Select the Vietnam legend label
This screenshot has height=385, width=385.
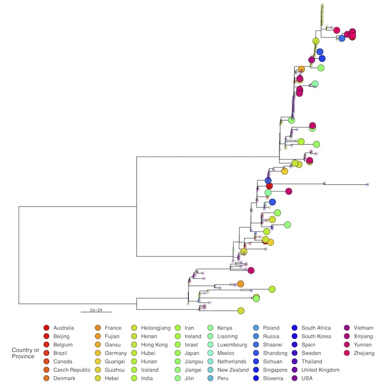click(364, 328)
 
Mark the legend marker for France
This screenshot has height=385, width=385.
click(97, 328)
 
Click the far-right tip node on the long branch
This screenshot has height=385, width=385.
click(367, 184)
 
